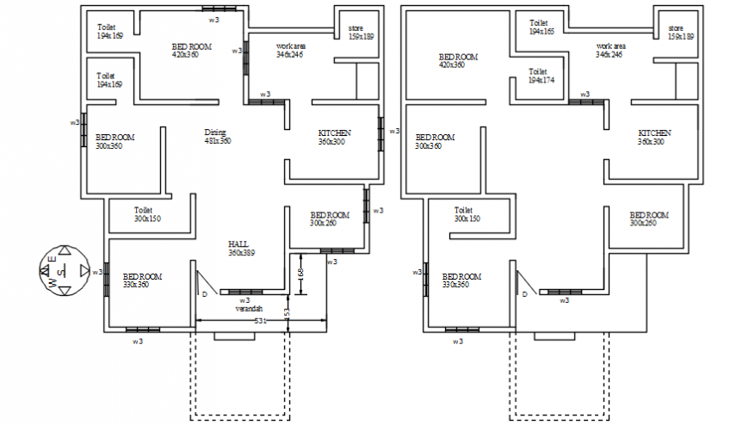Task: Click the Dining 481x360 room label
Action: pos(217,136)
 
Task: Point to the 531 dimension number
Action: pos(262,320)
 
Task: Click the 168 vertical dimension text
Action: pos(299,271)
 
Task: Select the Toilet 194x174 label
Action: pos(542,76)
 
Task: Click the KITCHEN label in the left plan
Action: pos(334,137)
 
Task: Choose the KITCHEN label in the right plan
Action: pos(654,137)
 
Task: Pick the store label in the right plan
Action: pos(681,33)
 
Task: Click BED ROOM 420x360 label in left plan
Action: pos(191,50)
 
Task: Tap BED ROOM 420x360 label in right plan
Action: pos(457,60)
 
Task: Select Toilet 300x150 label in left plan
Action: pos(147,213)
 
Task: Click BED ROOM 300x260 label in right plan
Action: pos(648,219)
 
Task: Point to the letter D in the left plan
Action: pos(204,294)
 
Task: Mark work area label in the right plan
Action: pos(610,49)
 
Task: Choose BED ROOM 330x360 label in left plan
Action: pos(142,280)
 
